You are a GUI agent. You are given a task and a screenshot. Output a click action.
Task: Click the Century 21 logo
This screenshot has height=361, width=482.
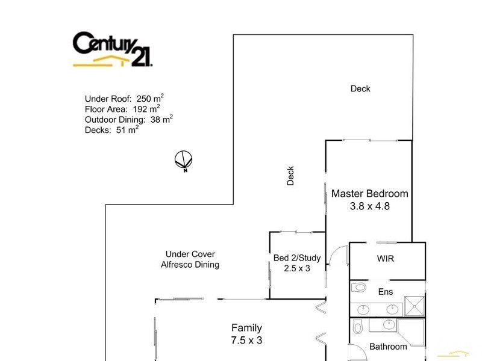coord(112,49)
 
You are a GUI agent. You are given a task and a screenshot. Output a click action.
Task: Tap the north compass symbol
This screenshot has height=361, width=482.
coord(184,161)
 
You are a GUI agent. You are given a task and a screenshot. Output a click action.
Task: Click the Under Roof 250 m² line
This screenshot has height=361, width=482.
coord(124,99)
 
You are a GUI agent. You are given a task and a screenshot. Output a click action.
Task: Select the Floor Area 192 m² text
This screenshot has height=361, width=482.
coord(122,109)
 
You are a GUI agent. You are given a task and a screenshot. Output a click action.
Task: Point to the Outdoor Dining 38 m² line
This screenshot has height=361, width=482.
coord(129,119)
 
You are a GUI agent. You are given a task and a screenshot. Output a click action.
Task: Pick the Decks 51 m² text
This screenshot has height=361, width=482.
coord(111,129)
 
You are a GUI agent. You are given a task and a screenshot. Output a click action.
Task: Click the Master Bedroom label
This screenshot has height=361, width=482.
coord(369,194)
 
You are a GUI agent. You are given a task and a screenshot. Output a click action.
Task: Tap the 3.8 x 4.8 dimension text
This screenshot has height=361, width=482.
coord(369,206)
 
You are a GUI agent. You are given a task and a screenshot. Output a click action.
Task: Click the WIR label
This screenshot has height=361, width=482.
coord(386,259)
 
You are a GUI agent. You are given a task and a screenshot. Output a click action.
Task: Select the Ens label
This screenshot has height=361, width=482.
coord(385,292)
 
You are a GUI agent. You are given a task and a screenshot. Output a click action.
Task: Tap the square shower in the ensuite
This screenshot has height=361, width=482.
coord(414,306)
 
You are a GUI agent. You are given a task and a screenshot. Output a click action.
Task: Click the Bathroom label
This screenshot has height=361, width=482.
coord(388,347)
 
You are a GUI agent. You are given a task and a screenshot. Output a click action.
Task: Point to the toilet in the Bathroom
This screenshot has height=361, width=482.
coord(358,327)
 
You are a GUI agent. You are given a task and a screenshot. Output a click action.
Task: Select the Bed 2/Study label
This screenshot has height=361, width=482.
coord(297,258)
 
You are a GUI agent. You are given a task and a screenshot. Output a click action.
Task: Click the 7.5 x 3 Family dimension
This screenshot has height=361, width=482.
coord(247,340)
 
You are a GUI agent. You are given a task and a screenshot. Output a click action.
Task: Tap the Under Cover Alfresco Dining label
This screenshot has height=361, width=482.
coord(190,259)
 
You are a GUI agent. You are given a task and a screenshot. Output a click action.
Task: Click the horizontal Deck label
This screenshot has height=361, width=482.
coord(360,88)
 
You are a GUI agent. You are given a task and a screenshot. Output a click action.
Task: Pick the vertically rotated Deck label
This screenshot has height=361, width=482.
coord(290,176)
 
